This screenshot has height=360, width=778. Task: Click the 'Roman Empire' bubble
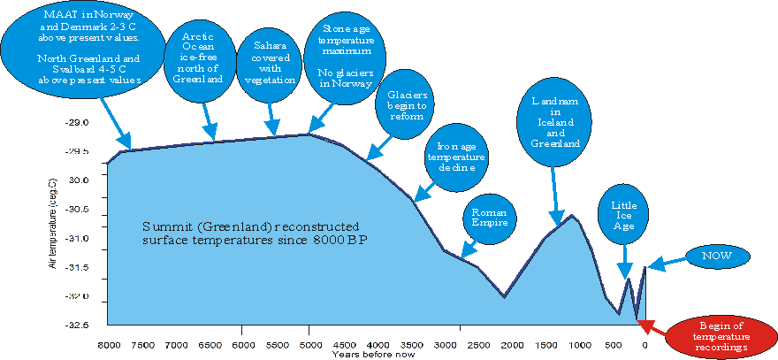489,218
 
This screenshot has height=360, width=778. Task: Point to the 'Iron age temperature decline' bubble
455,154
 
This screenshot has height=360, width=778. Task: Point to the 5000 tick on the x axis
309,342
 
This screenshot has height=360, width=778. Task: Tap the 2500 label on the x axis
477,342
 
